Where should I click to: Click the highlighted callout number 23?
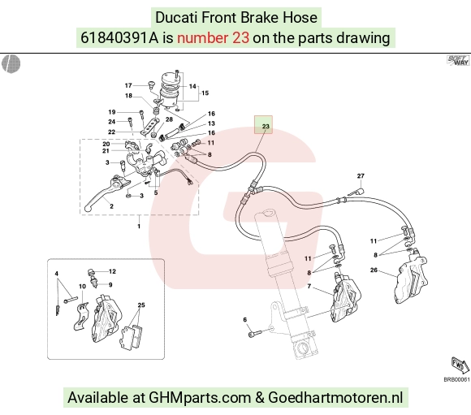(266, 126)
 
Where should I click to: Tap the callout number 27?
(361, 175)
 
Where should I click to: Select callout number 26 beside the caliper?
(374, 270)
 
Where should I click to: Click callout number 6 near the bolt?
(244, 319)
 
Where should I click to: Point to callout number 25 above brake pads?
(141, 305)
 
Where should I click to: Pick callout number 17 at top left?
(128, 85)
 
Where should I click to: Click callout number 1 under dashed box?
(139, 226)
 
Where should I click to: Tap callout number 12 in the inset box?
(112, 271)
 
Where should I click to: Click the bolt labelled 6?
(255, 333)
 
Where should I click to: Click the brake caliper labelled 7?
(345, 297)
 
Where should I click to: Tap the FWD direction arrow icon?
(460, 365)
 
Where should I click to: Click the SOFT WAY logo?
(458, 60)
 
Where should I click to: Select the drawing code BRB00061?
(456, 380)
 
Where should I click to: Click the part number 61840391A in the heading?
(119, 38)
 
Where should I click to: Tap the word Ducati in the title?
(176, 17)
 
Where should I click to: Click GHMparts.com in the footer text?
(200, 398)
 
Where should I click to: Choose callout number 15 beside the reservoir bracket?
(205, 93)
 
